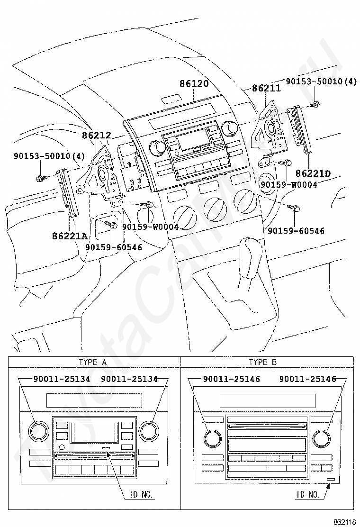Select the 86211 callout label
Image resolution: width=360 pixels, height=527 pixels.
coord(266,88)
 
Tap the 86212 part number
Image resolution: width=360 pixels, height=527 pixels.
coord(96,135)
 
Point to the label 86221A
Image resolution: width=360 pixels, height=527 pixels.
coord(69,236)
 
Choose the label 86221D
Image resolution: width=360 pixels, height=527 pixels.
coord(313,173)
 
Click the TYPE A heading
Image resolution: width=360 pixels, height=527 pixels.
coord(93,362)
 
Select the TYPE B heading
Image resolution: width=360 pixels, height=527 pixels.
coord(262,362)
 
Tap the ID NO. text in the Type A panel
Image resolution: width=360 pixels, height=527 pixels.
coord(141,494)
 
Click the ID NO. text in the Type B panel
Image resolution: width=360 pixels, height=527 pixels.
coord(307,494)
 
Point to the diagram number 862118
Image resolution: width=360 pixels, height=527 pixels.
coord(344,522)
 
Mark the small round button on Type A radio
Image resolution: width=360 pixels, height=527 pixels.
coord(62,447)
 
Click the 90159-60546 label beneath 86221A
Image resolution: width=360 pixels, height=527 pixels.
coord(114,247)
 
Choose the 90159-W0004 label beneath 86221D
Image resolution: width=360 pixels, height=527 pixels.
coord(289,184)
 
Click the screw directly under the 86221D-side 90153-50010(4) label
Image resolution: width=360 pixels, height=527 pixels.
coord(315,105)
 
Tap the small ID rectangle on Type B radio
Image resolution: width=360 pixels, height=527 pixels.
coord(331,479)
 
